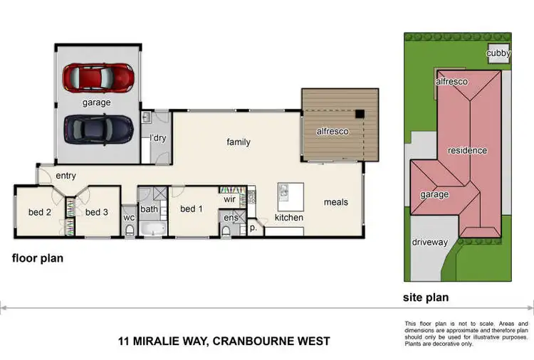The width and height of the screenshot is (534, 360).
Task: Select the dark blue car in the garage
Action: coord(98,128)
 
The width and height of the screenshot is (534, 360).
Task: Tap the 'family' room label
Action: coord(239,142)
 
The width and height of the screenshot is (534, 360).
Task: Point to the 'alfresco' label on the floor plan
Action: coord(333,132)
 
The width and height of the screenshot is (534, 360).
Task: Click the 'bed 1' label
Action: coord(192,209)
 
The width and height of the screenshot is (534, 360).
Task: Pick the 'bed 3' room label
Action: coord(97,212)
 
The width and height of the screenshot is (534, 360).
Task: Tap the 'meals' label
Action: coord(336,202)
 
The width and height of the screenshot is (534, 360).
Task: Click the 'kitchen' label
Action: coord(289,217)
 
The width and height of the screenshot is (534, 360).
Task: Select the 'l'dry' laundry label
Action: coord(157,138)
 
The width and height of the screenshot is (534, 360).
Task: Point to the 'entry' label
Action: coord(65,176)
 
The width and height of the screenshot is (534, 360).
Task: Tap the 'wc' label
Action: coord(129,218)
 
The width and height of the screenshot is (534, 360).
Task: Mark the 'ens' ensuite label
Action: coord(231,218)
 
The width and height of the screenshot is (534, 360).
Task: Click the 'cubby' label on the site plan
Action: coord(498,53)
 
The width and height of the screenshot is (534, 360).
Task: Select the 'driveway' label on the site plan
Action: coord(430,243)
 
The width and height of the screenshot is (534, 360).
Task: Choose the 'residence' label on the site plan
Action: coord(467,150)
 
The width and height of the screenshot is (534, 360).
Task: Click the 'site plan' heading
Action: coord(426,297)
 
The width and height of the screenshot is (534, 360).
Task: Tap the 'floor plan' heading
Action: coord(38,258)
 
